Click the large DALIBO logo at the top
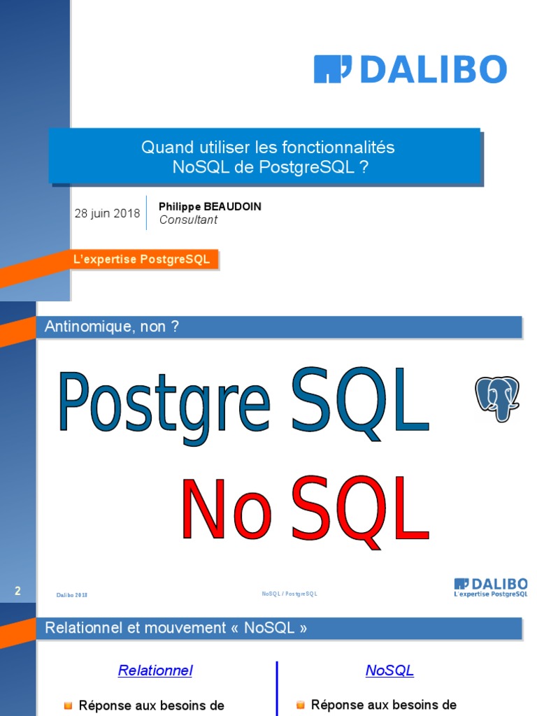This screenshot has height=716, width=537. click(x=410, y=70)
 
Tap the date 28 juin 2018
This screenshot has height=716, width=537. click(x=107, y=213)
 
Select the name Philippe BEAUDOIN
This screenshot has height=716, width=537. click(x=210, y=207)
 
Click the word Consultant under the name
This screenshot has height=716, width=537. click(x=188, y=220)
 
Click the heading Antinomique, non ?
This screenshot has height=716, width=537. click(x=112, y=327)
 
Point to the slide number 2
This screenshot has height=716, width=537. click(x=18, y=592)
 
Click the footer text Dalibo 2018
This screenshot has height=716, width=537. click(x=72, y=595)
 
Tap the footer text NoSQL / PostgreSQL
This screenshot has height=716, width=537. click(x=289, y=594)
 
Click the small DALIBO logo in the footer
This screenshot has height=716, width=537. click(x=490, y=587)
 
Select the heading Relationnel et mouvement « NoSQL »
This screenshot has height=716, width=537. click(x=176, y=628)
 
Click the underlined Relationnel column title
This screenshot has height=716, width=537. click(x=155, y=671)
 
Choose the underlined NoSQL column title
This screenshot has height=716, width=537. click(x=389, y=671)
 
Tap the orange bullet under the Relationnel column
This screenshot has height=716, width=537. click(x=68, y=706)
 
